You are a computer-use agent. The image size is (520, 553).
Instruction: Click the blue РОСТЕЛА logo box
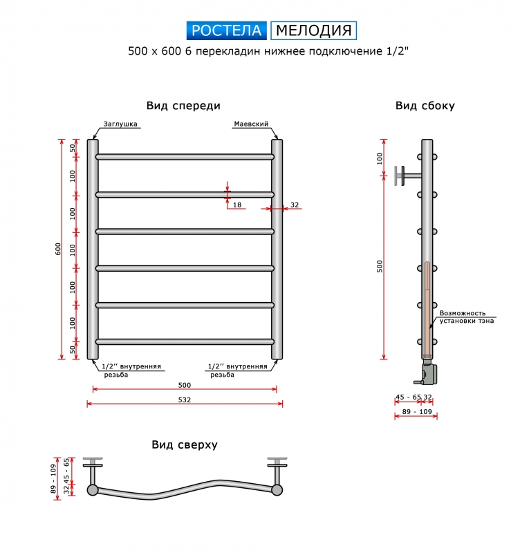point(227,30)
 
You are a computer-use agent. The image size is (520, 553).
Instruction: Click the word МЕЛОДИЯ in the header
point(314,30)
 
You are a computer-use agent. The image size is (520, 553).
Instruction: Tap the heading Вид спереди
point(183,106)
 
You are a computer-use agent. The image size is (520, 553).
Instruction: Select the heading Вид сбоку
point(425,106)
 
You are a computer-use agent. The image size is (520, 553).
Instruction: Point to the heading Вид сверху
point(185,444)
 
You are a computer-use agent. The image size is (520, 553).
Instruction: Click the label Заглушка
point(120,124)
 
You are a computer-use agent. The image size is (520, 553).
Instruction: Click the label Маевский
point(251,124)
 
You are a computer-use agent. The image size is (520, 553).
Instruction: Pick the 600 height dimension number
point(58,249)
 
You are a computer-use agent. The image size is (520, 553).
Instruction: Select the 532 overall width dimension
point(185,400)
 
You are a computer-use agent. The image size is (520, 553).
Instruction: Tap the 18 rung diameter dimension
point(237,205)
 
